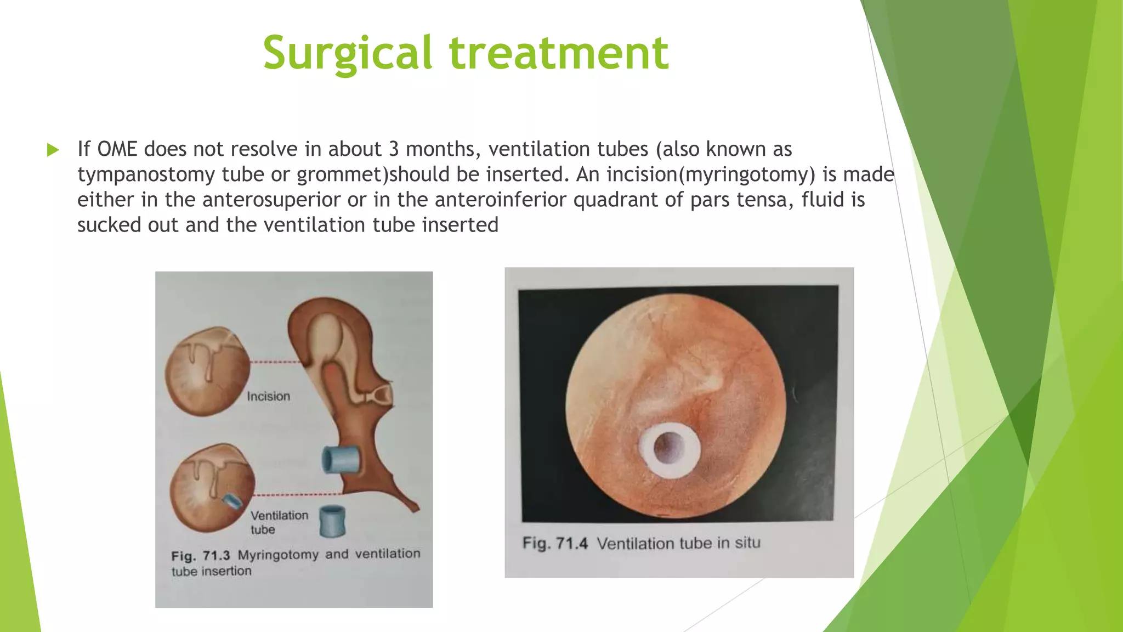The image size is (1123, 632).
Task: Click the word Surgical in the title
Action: tap(348, 53)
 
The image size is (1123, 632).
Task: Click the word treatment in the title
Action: tap(559, 53)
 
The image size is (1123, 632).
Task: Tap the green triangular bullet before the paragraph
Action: tap(53, 150)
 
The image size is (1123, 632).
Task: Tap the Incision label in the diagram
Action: tap(268, 396)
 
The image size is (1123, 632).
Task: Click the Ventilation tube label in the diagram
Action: tap(279, 522)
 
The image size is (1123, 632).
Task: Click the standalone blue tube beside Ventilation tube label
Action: tap(332, 521)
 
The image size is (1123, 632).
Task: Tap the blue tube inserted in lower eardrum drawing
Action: tap(231, 501)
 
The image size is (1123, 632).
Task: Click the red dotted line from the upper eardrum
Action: tap(274, 362)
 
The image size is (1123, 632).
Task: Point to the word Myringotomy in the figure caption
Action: tap(277, 555)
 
